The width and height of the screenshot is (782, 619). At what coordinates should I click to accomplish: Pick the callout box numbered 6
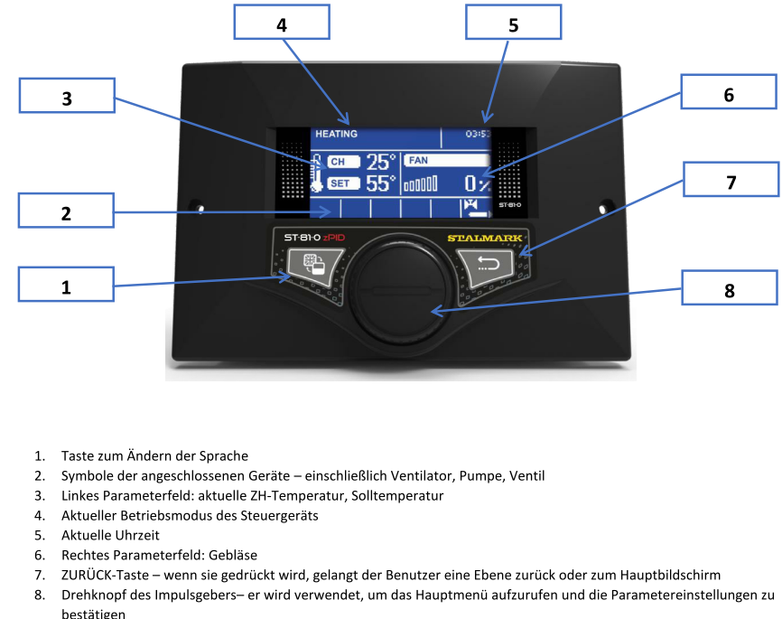pos(728,93)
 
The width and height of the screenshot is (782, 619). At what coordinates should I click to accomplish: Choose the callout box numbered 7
pos(731,180)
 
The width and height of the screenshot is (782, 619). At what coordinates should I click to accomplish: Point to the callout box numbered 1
pos(66,286)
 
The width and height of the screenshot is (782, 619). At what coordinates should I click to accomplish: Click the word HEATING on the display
pos(336,134)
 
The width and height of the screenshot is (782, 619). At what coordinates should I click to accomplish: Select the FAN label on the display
pos(418,161)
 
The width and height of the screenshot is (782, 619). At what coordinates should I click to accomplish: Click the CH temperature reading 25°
pos(381,162)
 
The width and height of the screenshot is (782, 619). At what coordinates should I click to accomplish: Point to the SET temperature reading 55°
pos(381,183)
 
